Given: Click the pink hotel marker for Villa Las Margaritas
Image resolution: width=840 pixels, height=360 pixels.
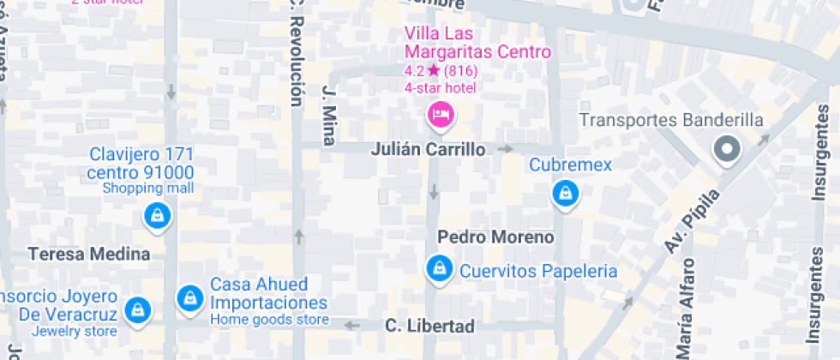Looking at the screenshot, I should coord(440,115).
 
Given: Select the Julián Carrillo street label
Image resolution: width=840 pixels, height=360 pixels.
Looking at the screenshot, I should coord(428,149).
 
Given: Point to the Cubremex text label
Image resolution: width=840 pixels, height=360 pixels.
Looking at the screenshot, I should coord(571,165).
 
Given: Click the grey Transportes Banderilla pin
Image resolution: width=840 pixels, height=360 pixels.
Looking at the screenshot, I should coord(728,150).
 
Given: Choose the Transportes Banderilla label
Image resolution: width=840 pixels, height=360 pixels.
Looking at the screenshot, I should coord(671,120).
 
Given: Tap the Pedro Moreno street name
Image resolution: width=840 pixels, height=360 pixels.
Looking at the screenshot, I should coord(495,237).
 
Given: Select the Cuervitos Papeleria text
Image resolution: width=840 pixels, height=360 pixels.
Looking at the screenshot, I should coord(538,271).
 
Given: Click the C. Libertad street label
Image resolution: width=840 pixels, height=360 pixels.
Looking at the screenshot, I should coord(429,326).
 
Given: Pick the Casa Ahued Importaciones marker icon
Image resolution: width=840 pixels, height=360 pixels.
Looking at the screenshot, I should coord(189,298).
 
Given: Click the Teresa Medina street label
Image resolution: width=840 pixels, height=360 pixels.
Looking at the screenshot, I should coord(89,254).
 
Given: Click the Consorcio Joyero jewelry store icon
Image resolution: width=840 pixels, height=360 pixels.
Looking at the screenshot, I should coord(136,310).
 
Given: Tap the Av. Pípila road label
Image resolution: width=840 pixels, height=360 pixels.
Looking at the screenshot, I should coord(692,222).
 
